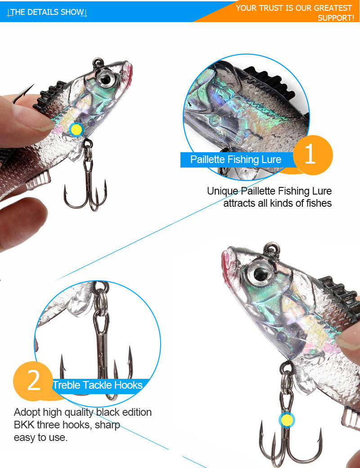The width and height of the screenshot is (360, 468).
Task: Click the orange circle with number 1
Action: [313, 154]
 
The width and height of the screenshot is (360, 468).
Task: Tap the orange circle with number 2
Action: [33, 381]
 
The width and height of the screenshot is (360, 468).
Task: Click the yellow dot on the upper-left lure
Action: [76, 130]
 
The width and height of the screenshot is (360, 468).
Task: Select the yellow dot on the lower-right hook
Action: [287, 420]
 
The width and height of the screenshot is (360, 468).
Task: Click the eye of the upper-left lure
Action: [105, 78]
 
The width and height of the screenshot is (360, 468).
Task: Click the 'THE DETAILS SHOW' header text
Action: [47, 12]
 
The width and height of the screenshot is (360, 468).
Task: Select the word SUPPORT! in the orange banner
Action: [336, 18]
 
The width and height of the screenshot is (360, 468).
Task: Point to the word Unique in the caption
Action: [222, 191]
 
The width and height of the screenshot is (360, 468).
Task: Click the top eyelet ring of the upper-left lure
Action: [98, 62]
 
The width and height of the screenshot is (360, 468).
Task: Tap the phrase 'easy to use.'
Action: [40, 437]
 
